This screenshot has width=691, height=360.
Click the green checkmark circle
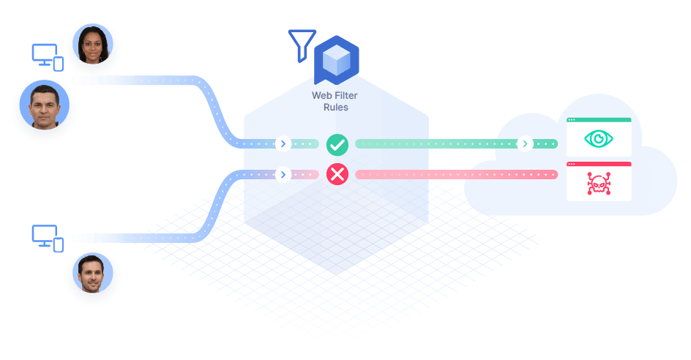click(337, 145)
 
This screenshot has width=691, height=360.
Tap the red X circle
click(337, 174)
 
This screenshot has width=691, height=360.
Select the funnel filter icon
click(302, 45)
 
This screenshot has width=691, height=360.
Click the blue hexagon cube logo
click(337, 60)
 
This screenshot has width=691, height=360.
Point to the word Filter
click(346, 95)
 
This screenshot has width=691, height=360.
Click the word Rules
click(336, 107)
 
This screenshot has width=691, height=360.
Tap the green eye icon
click(599, 139)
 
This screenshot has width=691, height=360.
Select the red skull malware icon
click(599, 184)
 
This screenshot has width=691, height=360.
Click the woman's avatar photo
click(93, 44)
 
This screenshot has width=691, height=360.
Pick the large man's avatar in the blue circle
click(45, 105)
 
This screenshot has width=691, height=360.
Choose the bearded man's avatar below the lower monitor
click(93, 273)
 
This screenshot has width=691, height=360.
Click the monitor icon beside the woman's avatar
click(48, 57)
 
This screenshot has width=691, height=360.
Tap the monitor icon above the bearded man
click(48, 239)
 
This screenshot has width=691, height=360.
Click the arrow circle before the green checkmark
click(283, 143)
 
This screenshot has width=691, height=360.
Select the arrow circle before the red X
click(283, 174)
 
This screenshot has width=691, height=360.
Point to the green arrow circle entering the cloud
click(525, 143)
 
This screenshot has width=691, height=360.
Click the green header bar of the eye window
click(599, 120)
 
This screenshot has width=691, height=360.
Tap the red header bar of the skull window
click(599, 164)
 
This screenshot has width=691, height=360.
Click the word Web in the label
click(322, 95)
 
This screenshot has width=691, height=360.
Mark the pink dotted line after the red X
click(457, 174)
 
